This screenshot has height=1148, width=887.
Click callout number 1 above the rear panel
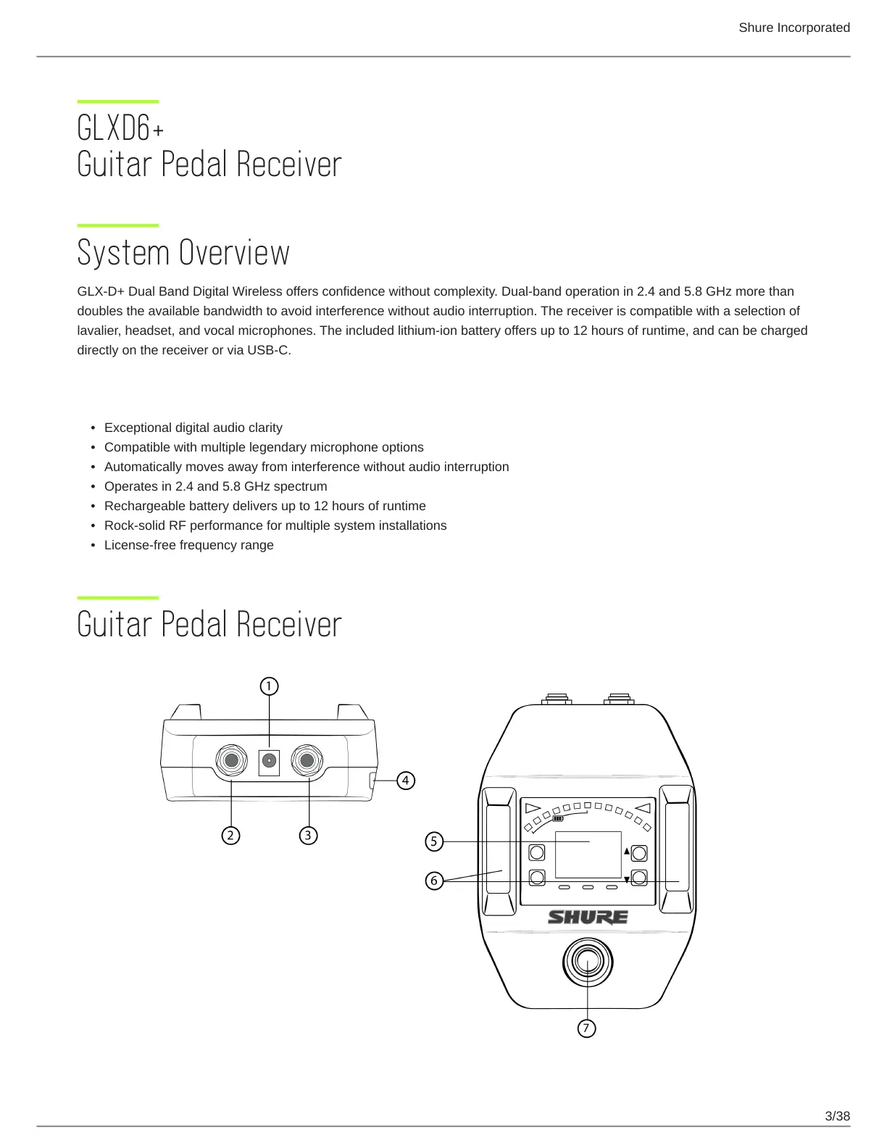pos(269,686)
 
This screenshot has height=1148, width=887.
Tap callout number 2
pos(230,836)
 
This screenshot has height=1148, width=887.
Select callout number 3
pos(308,836)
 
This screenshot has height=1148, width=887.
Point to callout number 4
pos(406,781)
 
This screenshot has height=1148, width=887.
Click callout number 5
pos(433,841)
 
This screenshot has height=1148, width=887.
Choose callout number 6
pos(433,881)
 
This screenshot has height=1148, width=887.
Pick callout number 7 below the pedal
pos(587,1028)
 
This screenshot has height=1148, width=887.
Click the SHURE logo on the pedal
pos(588,918)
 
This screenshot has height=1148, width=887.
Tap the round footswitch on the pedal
pos(588,962)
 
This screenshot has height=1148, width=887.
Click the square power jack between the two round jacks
pos(269,761)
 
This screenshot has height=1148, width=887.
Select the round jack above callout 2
pos(231,761)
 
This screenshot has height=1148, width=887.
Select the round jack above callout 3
pos(307,761)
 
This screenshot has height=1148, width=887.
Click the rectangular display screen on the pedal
pos(588,855)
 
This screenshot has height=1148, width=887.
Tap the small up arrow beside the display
pos(627,851)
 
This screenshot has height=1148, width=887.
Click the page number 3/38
pos(837,1116)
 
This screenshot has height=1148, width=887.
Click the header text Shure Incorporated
pos(794,28)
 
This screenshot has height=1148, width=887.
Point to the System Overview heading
pos(183,253)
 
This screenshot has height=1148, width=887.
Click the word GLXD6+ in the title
pos(120,129)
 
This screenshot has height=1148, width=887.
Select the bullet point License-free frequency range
pos(188,545)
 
